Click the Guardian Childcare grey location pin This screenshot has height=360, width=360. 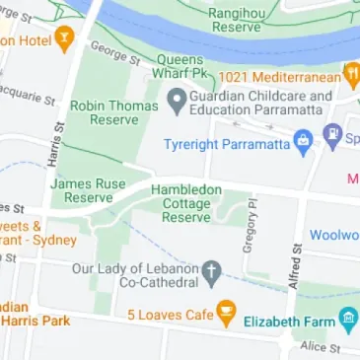(178, 100)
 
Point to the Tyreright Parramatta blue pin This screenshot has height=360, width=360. (332, 133)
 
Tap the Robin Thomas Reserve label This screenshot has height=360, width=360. (114, 110)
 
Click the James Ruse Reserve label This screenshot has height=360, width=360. (89, 189)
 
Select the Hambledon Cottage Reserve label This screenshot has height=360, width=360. (186, 202)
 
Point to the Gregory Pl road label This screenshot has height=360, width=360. (251, 225)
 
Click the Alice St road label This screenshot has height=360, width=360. (321, 347)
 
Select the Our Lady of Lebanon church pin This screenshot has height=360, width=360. (211, 270)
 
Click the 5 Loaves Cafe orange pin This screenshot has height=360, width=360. (226, 314)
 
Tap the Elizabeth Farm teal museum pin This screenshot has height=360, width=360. (347, 319)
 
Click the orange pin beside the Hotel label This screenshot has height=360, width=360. (65, 40)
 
